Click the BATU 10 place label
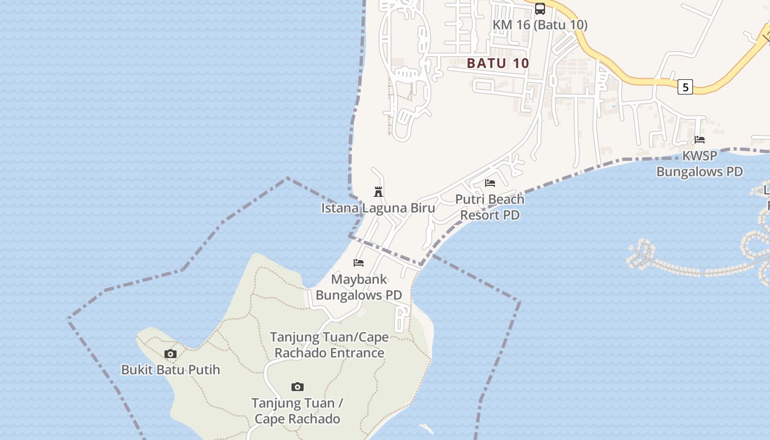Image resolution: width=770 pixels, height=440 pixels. coord(498,63)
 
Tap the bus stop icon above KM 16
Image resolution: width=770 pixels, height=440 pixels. coord(540,9)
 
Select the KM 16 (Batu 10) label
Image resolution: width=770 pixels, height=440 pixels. coord(540,25)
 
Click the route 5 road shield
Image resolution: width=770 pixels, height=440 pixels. coord(685,87)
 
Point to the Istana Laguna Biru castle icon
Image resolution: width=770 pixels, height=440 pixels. coord(378,192)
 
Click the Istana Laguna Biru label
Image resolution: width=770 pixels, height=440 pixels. coord(378,208)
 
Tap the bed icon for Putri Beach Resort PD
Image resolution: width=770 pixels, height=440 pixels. coord(490,183)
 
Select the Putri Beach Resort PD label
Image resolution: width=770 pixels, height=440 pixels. coord(490,207)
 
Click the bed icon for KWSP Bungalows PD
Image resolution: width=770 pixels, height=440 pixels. coord(700,140)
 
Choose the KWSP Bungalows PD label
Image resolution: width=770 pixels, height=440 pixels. coord(700,163)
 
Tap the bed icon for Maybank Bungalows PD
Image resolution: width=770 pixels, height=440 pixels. coord(359,263)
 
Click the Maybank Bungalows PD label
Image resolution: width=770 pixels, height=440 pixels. coord(359,287)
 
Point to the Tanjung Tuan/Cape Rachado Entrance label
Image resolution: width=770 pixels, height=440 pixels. coord(329,345)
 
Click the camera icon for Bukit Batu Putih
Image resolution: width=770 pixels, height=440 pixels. coord(170,354)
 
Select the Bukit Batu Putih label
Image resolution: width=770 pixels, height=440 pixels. coord(170,370)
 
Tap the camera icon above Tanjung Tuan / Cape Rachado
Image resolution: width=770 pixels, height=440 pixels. coord(298,387)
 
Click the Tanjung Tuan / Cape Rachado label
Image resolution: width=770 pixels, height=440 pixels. coord(298,411)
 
